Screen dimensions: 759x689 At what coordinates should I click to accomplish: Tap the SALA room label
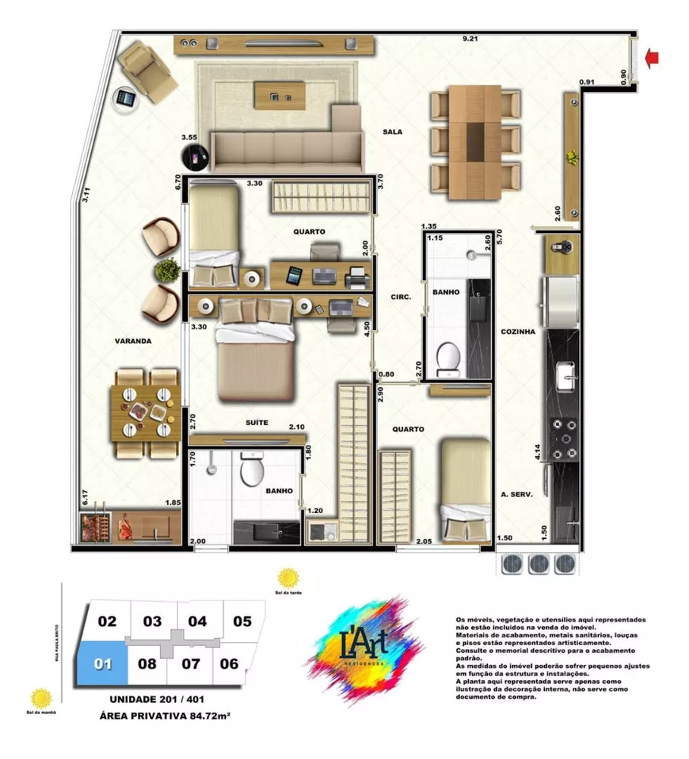tap(392, 132)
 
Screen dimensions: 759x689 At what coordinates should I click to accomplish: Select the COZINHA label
tap(518, 332)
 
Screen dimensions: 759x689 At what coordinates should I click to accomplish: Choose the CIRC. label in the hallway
tap(400, 298)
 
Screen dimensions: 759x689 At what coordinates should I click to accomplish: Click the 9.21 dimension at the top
tap(473, 39)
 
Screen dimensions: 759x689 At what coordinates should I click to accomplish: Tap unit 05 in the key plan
tap(242, 622)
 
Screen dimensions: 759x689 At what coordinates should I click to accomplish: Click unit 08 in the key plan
tap(147, 663)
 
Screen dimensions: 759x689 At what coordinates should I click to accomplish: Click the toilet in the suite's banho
tap(251, 471)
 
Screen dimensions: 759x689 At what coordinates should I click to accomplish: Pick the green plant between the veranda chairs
tap(166, 269)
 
